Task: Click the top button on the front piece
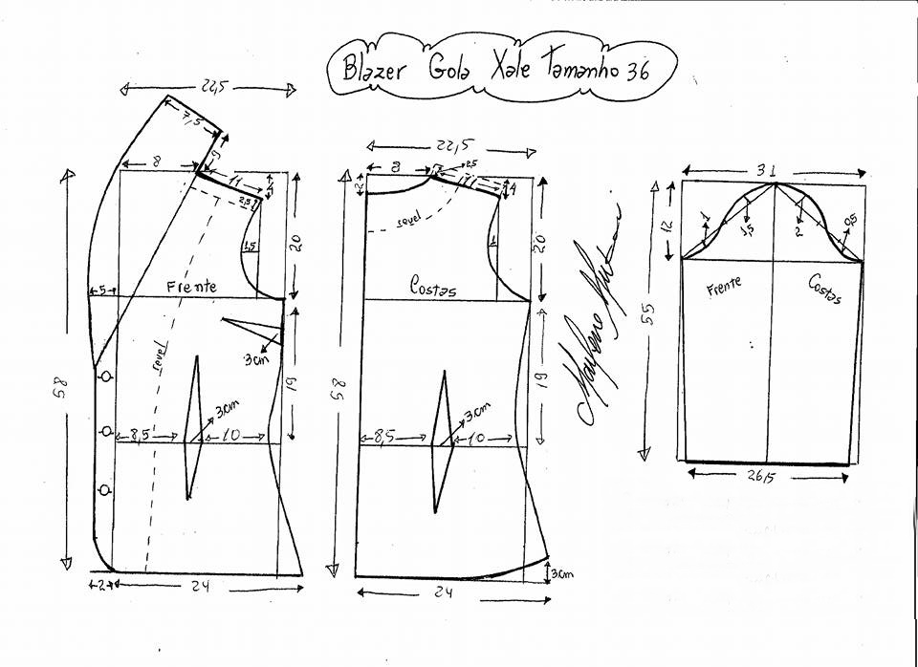pyautogui.click(x=106, y=377)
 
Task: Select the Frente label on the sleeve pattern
pyautogui.click(x=724, y=284)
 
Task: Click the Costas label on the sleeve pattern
pyautogui.click(x=823, y=289)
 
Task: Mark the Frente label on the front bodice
pyautogui.click(x=190, y=286)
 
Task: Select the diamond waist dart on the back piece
pyautogui.click(x=442, y=443)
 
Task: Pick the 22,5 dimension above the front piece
pyautogui.click(x=209, y=88)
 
